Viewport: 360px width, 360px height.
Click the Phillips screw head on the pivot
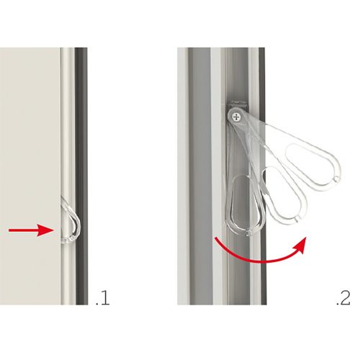[237, 117]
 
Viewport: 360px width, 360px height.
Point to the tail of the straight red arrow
[9, 230]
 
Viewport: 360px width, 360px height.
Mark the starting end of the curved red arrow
[216, 238]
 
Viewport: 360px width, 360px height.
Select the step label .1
[103, 298]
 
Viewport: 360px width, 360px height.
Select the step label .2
[343, 298]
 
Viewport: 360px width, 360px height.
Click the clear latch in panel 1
[71, 221]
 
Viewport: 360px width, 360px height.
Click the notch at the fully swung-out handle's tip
[336, 179]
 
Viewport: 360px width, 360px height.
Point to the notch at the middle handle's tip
[297, 218]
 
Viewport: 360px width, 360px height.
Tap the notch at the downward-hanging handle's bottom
[247, 233]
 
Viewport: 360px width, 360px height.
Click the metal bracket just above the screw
[237, 105]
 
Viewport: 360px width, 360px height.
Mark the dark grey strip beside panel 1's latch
[81, 176]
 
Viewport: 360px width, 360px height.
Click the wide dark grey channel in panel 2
[199, 176]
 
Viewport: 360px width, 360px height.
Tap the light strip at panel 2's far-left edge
[183, 176]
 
